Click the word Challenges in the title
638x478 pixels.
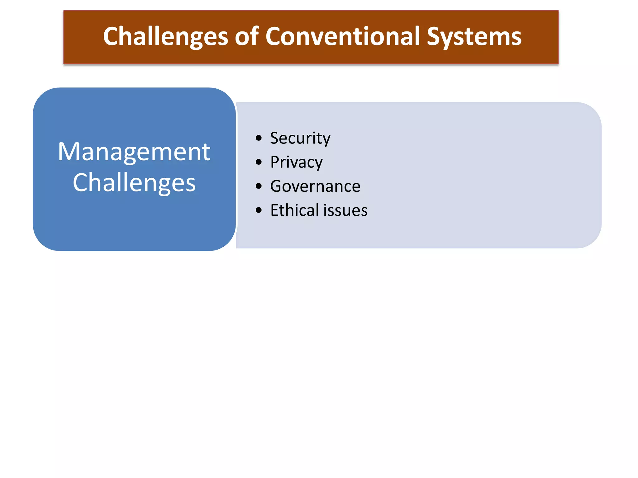(x=165, y=37)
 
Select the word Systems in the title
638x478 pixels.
(x=474, y=37)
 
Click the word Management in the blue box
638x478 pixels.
(x=134, y=152)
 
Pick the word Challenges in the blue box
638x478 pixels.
(x=134, y=183)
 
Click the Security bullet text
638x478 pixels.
(x=300, y=138)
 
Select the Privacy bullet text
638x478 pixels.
(x=296, y=162)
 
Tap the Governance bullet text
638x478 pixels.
(x=315, y=186)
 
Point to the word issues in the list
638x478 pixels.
(x=345, y=210)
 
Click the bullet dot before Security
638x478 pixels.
(x=259, y=138)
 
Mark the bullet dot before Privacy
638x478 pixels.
(x=259, y=162)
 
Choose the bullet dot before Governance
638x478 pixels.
(x=259, y=186)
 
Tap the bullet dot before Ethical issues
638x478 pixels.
(x=259, y=210)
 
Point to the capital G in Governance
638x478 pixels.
(x=276, y=186)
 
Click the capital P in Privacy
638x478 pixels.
(x=275, y=162)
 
